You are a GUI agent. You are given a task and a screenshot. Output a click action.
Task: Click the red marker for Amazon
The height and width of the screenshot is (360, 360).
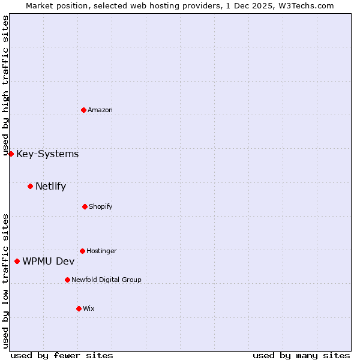click(83, 110)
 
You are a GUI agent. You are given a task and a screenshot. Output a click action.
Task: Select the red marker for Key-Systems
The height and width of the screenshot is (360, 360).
click(11, 154)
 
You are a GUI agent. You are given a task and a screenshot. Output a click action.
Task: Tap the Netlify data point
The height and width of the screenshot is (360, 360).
click(30, 186)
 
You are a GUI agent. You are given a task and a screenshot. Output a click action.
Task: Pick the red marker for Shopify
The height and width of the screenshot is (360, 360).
click(85, 206)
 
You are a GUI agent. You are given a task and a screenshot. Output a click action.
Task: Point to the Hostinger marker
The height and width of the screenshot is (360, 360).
click(82, 251)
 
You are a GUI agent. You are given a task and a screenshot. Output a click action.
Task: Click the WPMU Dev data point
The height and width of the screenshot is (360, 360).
click(17, 261)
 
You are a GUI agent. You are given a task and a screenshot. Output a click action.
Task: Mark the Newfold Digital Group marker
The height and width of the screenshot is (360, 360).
click(67, 280)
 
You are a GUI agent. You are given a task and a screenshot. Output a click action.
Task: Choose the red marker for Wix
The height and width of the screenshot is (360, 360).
click(79, 308)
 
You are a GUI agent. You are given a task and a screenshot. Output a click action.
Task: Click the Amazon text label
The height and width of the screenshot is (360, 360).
click(100, 110)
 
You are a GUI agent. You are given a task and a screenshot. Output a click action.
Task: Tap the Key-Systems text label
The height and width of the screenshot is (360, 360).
click(47, 154)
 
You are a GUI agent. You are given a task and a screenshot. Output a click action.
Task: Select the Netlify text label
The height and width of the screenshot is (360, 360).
click(50, 186)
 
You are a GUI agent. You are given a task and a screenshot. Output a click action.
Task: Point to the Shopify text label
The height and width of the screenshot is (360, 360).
click(100, 207)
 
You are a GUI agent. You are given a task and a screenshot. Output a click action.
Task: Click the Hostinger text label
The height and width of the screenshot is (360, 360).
click(101, 251)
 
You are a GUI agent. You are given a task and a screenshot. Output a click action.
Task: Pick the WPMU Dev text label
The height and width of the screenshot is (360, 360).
click(49, 261)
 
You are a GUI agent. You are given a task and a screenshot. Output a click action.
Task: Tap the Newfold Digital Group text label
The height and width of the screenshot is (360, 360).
click(106, 280)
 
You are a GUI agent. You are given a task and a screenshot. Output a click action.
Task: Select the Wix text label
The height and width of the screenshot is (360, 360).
click(89, 309)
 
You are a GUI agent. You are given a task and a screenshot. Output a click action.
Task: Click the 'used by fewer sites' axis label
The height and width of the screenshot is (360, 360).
click(62, 355)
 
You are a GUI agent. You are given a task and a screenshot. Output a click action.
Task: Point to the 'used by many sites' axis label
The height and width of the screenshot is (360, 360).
click(301, 355)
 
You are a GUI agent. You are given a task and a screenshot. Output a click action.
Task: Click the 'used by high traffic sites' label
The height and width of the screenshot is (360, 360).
click(5, 85)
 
